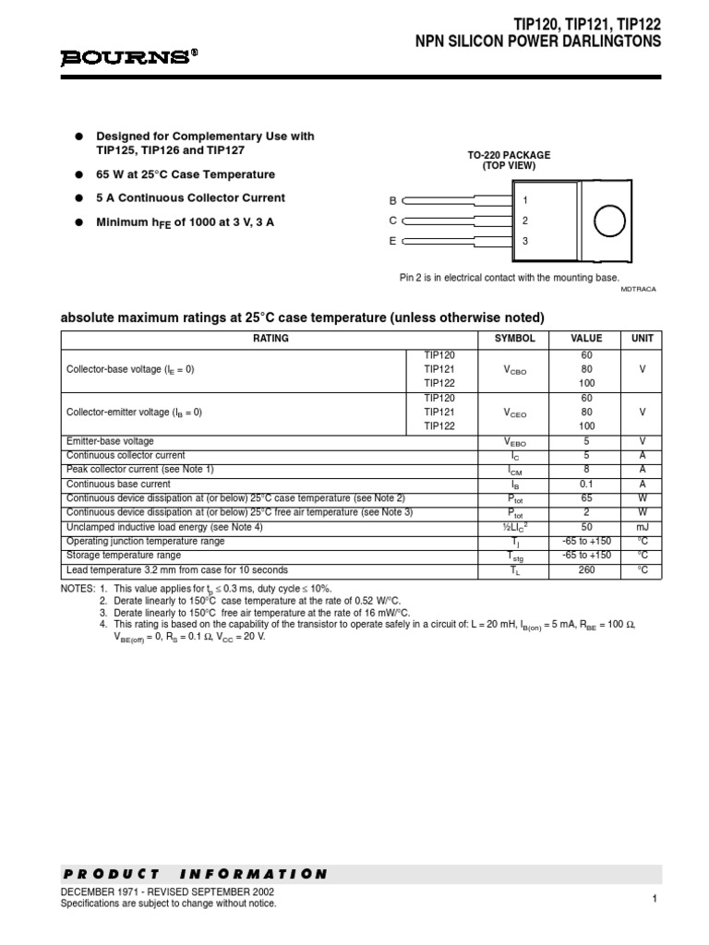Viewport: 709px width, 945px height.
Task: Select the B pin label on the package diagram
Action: (x=392, y=200)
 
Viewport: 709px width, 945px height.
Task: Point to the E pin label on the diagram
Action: (x=392, y=241)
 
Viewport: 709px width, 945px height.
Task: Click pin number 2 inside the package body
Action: (x=525, y=221)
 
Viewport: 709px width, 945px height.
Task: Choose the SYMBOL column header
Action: (x=515, y=339)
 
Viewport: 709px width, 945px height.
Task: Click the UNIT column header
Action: (x=642, y=339)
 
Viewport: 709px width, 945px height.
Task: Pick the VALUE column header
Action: (x=586, y=339)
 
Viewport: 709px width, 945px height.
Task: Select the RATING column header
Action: (x=270, y=339)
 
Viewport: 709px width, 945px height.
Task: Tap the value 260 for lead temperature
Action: (x=586, y=570)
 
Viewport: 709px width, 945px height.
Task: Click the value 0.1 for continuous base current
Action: (x=586, y=484)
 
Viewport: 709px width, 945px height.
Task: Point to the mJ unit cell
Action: (x=642, y=527)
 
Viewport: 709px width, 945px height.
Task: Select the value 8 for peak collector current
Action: (x=586, y=470)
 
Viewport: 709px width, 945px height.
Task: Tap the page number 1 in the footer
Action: (x=653, y=899)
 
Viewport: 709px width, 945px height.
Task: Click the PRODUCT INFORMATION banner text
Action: (x=196, y=874)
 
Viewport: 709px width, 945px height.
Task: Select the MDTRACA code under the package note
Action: (x=639, y=289)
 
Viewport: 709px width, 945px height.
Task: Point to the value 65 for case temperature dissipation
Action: (x=586, y=498)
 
